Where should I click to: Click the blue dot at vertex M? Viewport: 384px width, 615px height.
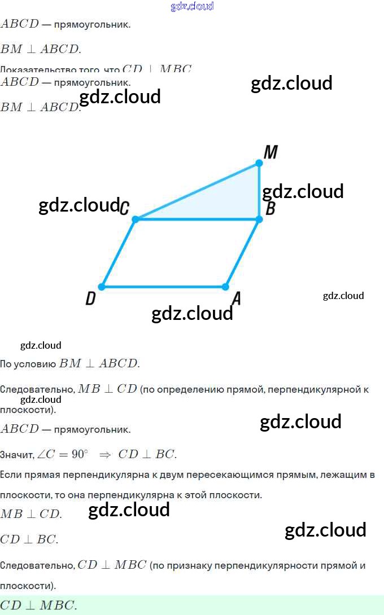pos(259,163)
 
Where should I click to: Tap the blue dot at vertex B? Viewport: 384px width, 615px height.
pos(259,219)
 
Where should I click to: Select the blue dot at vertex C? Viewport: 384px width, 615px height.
pos(136,219)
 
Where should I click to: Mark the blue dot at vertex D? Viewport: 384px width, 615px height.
pos(102,287)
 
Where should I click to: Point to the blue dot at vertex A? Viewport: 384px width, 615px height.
pos(225,287)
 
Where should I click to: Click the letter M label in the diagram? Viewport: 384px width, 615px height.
pos(270,152)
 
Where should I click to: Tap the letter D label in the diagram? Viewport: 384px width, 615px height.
pos(90,299)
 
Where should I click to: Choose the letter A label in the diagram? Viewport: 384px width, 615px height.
pos(237,299)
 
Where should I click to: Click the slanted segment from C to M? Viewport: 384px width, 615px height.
pos(198,191)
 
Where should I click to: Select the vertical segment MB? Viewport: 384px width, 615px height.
pos(259,191)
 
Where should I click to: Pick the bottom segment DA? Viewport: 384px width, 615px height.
pos(164,287)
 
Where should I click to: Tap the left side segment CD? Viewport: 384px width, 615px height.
pos(119,253)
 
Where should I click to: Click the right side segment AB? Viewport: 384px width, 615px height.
pos(242,253)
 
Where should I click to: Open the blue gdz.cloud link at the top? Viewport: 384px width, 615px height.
pos(192,6)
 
